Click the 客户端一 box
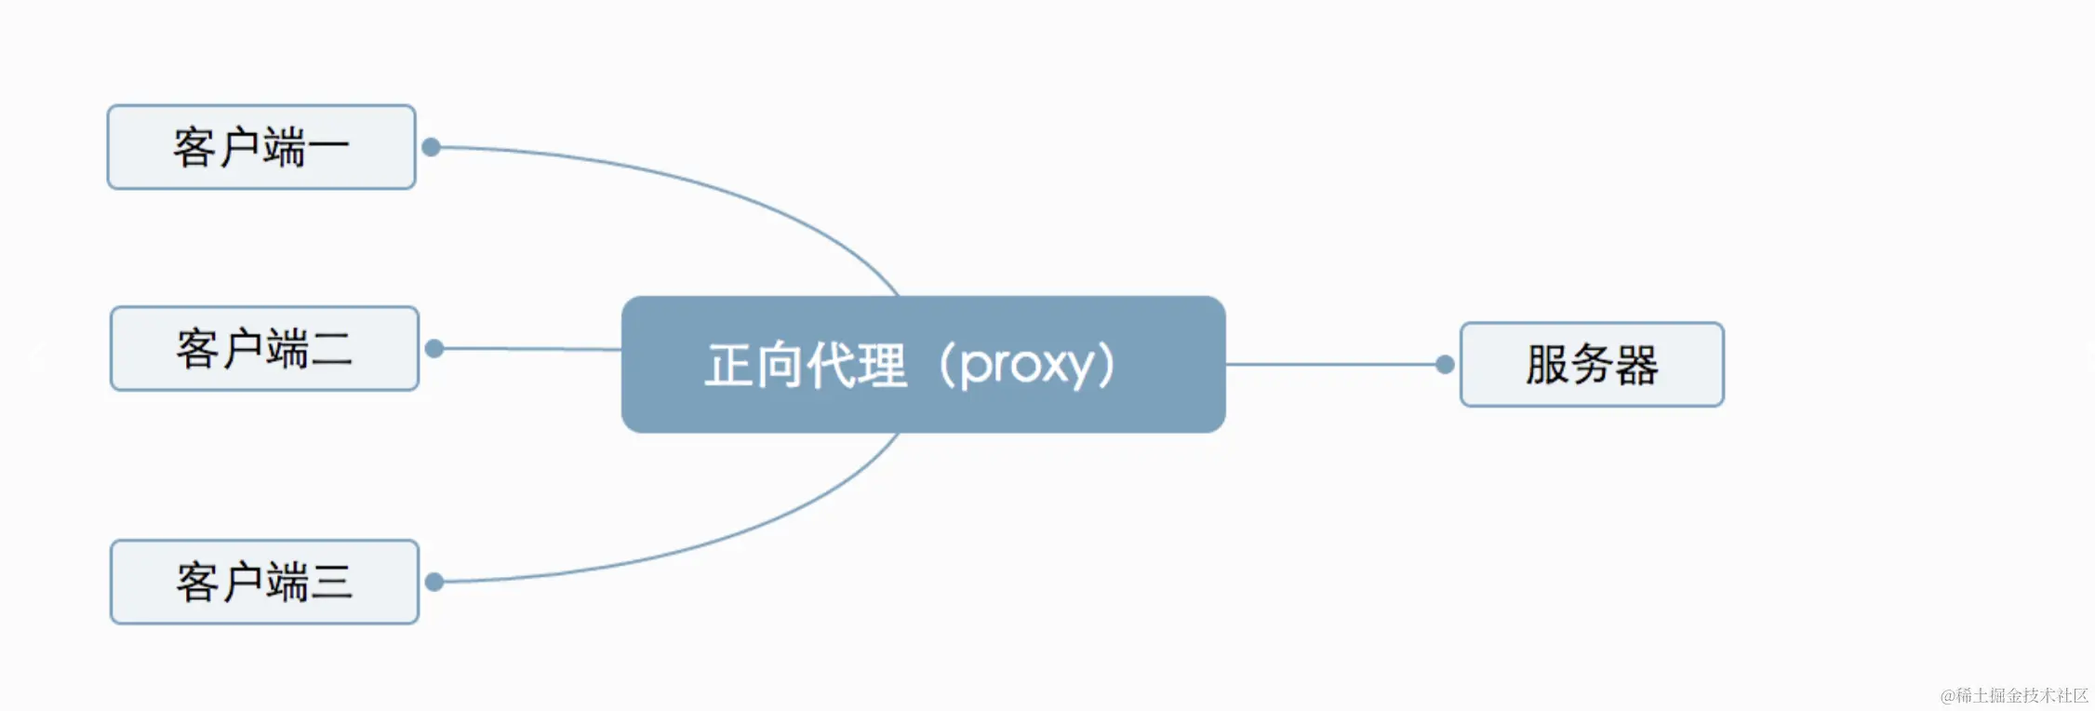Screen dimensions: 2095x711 [261, 147]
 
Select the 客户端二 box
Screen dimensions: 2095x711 [264, 349]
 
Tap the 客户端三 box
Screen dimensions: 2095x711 [264, 582]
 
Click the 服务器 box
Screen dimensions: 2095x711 [1592, 365]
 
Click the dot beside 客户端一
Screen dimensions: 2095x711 [431, 147]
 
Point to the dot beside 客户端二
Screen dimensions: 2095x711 [434, 349]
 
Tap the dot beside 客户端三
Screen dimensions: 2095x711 [434, 582]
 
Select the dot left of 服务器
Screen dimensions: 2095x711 [1445, 365]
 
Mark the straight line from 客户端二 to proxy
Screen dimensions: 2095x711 [530, 349]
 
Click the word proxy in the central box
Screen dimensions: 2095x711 [1027, 365]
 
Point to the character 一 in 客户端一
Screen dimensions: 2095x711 [327, 148]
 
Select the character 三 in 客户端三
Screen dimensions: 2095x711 [331, 583]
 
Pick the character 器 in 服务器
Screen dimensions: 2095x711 [1636, 365]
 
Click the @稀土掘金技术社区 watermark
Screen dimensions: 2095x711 [2014, 695]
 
